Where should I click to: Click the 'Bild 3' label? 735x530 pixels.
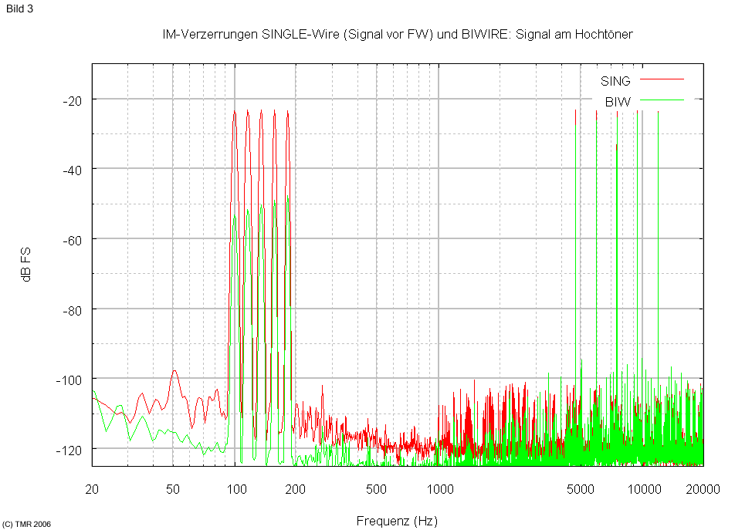(19, 9)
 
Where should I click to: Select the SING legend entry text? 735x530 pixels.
(615, 80)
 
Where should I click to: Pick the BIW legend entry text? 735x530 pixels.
(618, 101)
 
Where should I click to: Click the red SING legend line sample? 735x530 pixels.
(662, 79)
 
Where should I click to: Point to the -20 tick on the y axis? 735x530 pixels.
(75, 100)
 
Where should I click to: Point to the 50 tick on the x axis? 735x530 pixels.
(173, 488)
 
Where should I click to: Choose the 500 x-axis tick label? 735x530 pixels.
(376, 488)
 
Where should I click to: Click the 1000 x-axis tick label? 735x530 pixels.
(439, 488)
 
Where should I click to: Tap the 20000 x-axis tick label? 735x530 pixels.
(703, 488)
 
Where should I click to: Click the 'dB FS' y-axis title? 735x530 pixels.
(26, 265)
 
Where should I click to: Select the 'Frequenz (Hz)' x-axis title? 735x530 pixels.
(397, 521)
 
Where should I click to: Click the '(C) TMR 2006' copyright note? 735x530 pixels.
(27, 524)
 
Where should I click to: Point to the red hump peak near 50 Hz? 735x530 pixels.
(174, 371)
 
